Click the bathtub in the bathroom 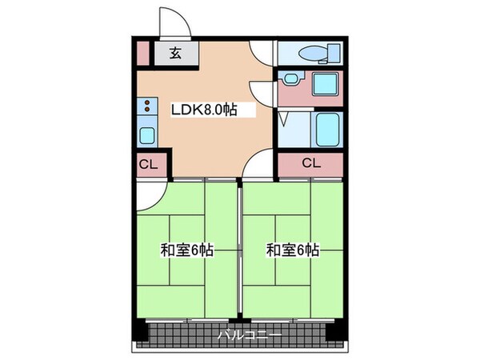[x=326, y=130]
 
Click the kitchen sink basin [x=148, y=134]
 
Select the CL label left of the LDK [x=148, y=166]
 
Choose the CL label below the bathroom [x=311, y=163]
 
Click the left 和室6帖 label [x=186, y=250]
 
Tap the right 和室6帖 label [x=294, y=250]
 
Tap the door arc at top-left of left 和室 [x=150, y=190]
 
